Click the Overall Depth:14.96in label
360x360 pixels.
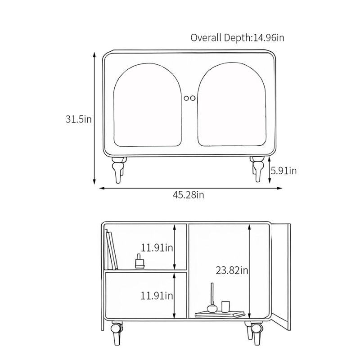(x=237, y=38)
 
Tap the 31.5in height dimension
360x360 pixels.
(x=78, y=119)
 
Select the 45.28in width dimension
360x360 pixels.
(x=188, y=195)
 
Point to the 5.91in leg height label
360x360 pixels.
(x=283, y=171)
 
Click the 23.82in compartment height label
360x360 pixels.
(x=232, y=270)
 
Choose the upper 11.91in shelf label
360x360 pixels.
(x=157, y=248)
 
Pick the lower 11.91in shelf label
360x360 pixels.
(x=157, y=296)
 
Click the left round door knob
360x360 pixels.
(x=186, y=98)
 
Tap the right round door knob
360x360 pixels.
(x=193, y=98)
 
